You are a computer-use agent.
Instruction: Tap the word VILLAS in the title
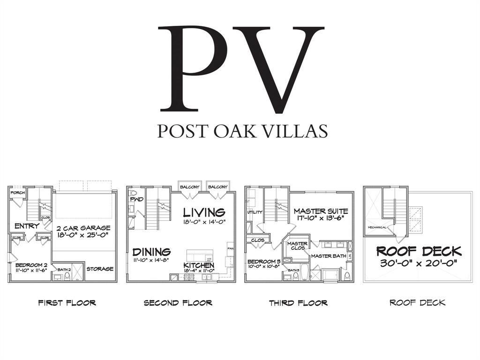[x=295, y=131]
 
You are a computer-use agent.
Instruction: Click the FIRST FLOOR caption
[x=67, y=303]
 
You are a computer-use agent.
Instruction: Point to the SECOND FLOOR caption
[x=178, y=303]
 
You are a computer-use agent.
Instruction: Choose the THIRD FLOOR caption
[x=298, y=303]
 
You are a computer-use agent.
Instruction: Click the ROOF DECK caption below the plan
[x=417, y=303]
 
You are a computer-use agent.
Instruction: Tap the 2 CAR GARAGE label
[x=83, y=228]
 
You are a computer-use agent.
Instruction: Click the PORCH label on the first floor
[x=17, y=193]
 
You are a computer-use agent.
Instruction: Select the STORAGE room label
[x=100, y=269]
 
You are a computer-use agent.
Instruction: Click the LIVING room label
[x=204, y=212]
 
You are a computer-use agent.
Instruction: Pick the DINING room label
[x=151, y=252]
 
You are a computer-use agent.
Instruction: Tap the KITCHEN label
[x=199, y=265]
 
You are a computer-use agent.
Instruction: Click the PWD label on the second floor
[x=137, y=199]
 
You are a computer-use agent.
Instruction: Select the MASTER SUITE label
[x=321, y=211]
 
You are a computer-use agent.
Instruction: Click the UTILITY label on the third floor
[x=255, y=212]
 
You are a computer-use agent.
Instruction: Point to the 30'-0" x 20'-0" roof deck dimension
[x=419, y=263]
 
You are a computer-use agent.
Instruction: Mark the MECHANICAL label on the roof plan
[x=377, y=227]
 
